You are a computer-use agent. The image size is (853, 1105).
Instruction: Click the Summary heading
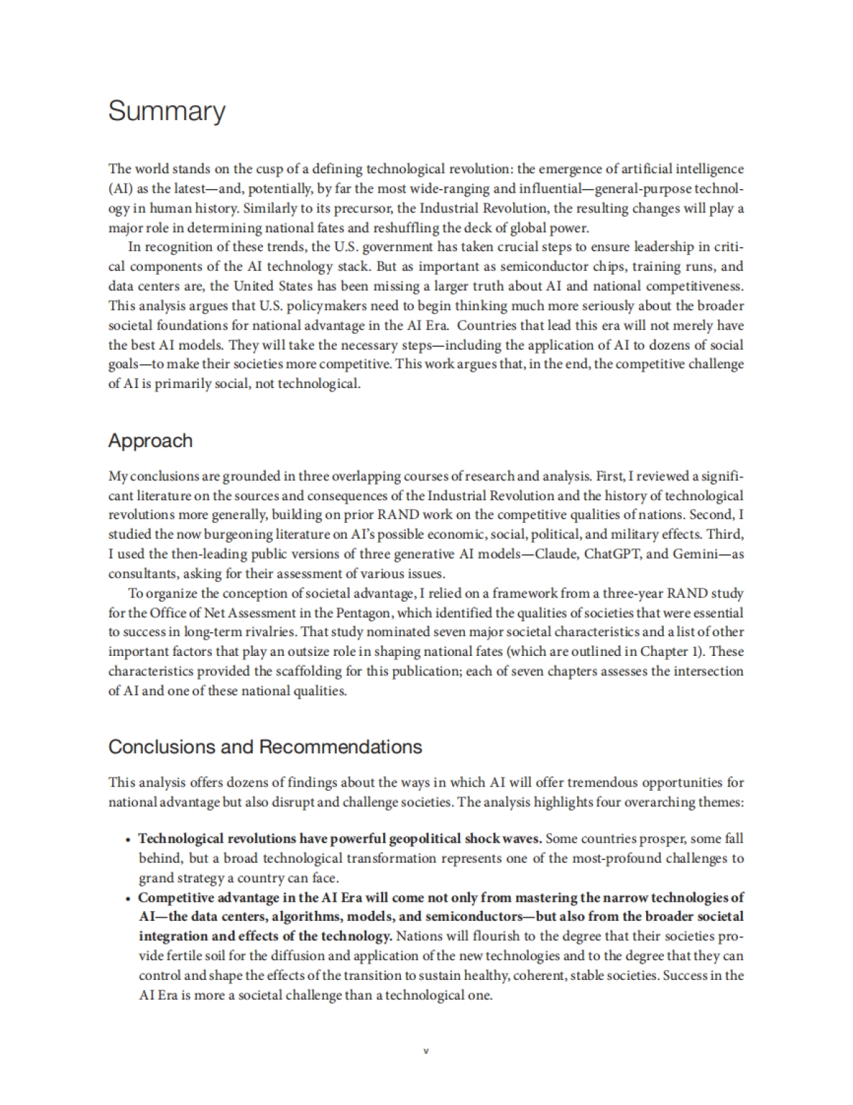coord(166,112)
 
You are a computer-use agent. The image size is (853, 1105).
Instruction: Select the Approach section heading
coord(150,441)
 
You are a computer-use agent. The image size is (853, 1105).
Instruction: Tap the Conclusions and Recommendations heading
coord(264,747)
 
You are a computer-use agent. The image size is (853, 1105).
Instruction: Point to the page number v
coord(426,1050)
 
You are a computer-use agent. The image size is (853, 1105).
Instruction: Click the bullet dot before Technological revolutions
coord(127,839)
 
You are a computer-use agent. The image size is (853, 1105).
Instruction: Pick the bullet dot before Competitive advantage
coord(127,898)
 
